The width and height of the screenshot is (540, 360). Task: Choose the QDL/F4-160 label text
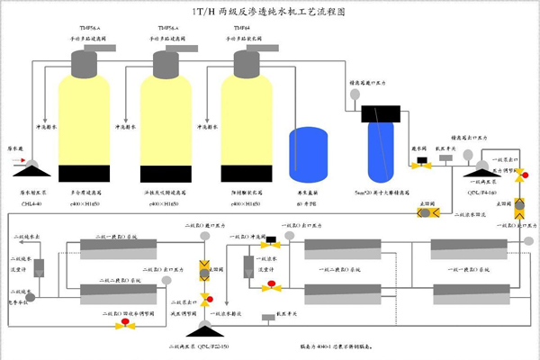click(481, 192)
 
